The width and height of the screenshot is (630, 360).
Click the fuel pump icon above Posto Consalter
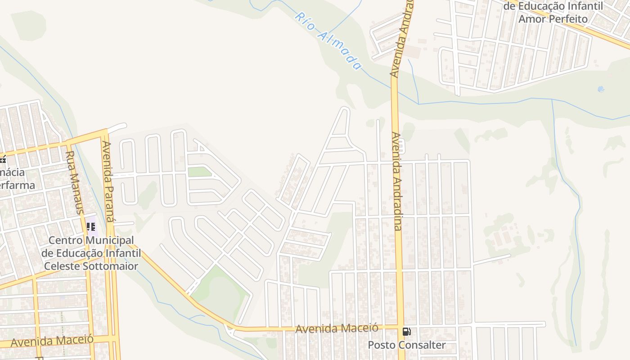pos(406,332)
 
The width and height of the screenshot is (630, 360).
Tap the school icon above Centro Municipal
pos(91,227)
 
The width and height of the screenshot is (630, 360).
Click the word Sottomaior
pos(111,266)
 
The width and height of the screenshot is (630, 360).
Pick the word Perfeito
pos(566,19)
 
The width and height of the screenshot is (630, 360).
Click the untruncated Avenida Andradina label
pos(397,181)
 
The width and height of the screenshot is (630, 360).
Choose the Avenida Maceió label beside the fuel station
pos(337,328)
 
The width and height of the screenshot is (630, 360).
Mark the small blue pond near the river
pos(601,89)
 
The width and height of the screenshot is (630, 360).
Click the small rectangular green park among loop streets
pos(199,172)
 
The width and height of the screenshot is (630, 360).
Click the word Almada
pos(340,50)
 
